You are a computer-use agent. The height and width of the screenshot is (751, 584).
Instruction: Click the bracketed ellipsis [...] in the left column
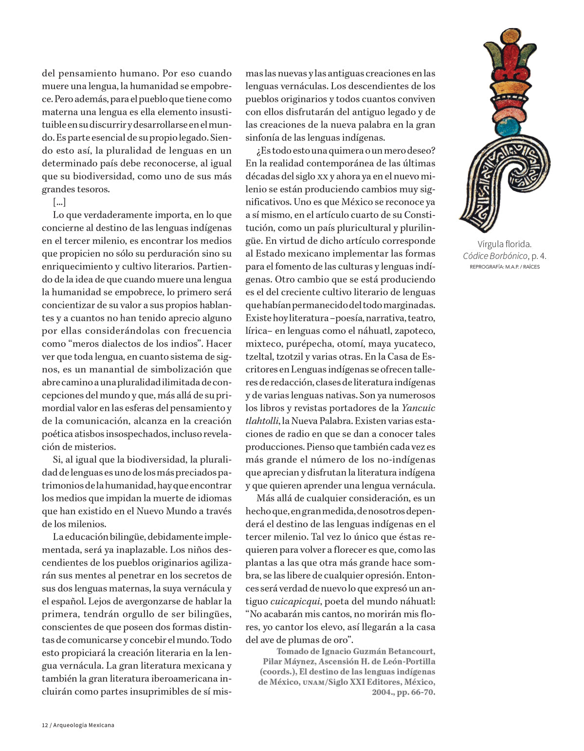[x=59, y=202]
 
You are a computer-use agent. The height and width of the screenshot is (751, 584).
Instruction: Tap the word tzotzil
[x=290, y=357]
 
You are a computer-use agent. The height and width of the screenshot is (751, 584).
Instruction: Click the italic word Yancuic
[x=419, y=408]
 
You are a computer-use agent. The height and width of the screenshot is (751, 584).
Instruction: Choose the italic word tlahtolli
[x=261, y=421]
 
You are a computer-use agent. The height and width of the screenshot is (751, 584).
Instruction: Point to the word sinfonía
[x=263, y=138]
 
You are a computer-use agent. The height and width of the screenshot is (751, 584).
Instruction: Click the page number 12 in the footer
[x=45, y=725]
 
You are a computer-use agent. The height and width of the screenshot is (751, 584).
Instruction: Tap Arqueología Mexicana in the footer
[x=84, y=725]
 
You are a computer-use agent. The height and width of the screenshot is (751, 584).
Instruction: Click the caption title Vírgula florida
[x=504, y=244]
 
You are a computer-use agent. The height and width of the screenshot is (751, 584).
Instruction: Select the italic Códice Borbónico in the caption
[x=495, y=256]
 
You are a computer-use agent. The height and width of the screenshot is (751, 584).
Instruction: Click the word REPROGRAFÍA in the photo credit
[x=486, y=267]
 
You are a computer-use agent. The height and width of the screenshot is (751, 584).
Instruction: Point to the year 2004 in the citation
[x=383, y=692]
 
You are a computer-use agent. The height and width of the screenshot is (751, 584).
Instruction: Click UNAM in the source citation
[x=312, y=682]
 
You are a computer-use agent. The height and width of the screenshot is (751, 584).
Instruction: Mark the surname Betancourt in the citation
[x=411, y=651]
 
